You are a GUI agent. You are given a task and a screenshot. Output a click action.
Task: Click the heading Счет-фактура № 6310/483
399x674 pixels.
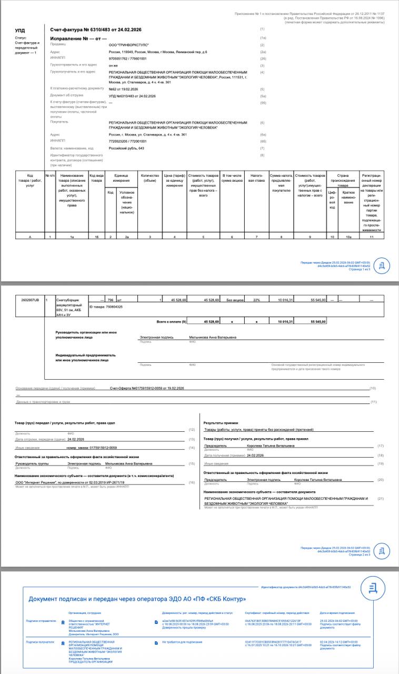click(88, 30)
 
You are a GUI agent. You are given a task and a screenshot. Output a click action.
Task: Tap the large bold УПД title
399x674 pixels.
click(20, 31)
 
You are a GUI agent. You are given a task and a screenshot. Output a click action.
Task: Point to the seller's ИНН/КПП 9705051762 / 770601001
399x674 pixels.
click(128, 59)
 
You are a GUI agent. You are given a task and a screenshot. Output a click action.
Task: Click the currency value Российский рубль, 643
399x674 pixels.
click(126, 148)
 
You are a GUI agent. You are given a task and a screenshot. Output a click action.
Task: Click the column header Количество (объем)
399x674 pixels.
click(150, 178)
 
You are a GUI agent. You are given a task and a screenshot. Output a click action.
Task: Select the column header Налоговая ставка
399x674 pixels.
click(256, 178)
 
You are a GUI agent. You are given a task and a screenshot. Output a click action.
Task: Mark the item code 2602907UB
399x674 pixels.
click(30, 300)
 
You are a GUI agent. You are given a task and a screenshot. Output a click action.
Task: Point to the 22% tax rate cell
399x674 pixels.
click(256, 300)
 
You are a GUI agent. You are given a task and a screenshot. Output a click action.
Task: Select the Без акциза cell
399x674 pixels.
click(232, 300)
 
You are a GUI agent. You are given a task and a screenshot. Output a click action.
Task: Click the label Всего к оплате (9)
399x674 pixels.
click(172, 321)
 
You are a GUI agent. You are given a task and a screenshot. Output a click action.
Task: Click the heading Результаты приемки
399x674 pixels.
click(221, 423)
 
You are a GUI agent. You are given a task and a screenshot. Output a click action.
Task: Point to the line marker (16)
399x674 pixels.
click(192, 482)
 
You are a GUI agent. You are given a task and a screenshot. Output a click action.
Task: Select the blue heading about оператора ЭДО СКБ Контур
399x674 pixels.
click(137, 599)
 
